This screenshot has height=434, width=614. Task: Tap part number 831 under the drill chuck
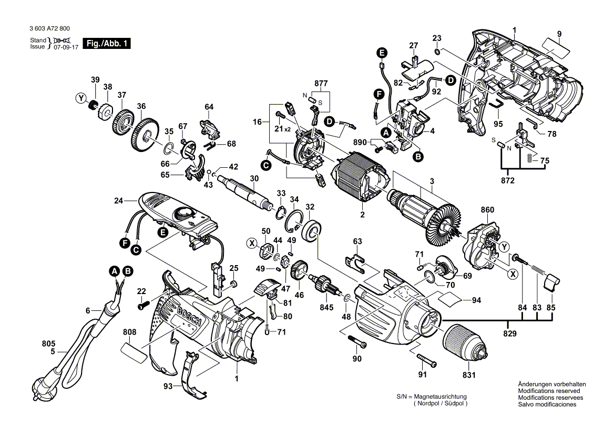[468, 376]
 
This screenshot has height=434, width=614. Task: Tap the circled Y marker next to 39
[80, 98]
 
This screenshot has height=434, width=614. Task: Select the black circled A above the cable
[114, 272]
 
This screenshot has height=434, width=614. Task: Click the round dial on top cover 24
[182, 213]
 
